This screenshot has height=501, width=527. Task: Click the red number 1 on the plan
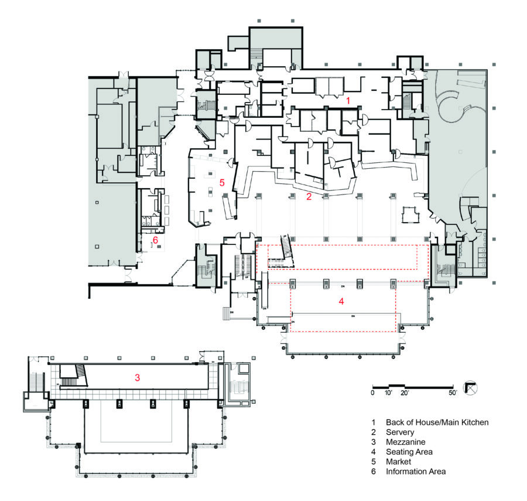[x=348, y=101]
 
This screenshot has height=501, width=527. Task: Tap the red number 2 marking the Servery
[x=309, y=197]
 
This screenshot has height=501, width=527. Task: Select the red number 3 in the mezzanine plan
[x=137, y=378]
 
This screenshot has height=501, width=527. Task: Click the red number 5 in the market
[x=222, y=182]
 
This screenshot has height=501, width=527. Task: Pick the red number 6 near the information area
[x=156, y=240]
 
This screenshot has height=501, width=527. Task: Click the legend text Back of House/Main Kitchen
[x=436, y=422]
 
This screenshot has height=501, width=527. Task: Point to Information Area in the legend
[x=415, y=472]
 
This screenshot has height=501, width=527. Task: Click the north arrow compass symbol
[x=471, y=387]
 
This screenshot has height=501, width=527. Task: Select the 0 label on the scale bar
[x=373, y=393]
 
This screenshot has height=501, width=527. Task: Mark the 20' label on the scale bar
[x=405, y=393]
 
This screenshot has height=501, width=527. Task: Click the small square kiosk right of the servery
[x=410, y=215]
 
